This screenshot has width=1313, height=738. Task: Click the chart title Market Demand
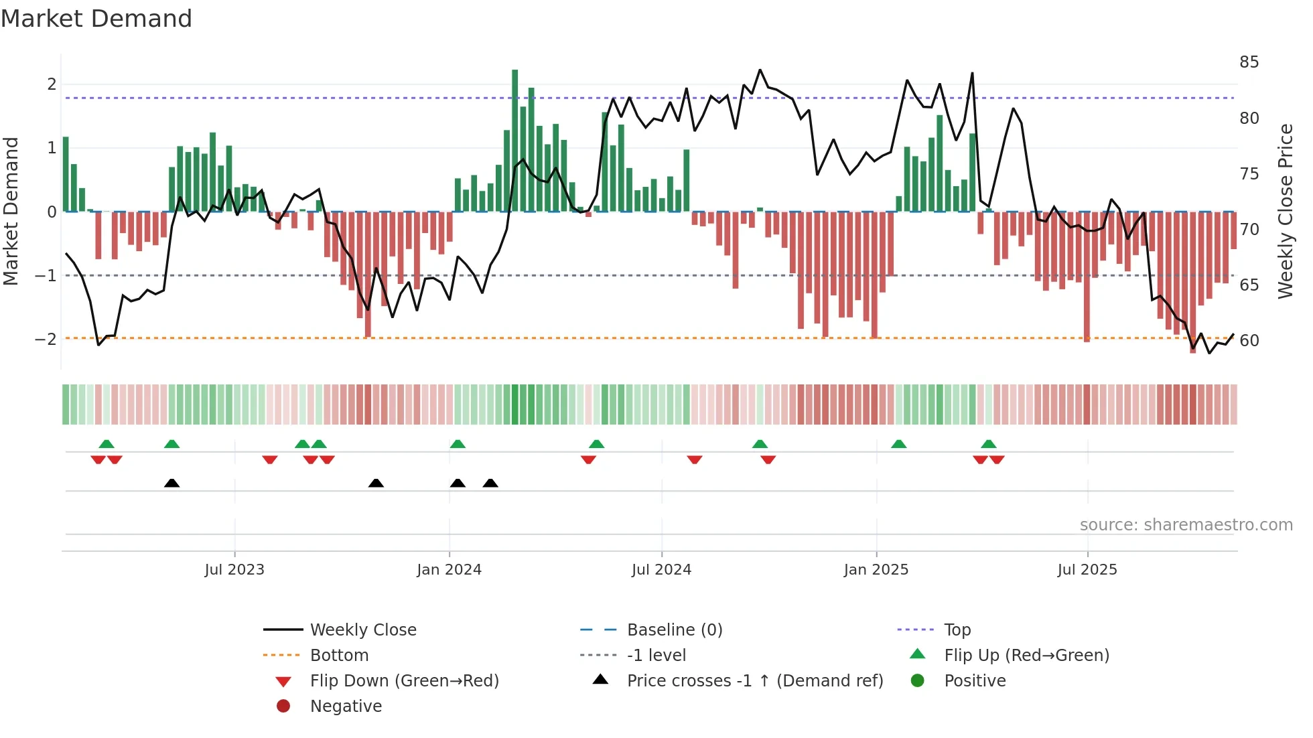pos(96,19)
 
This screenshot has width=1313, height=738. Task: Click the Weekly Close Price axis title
pos(1285,211)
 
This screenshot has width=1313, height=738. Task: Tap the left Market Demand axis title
pos(11,211)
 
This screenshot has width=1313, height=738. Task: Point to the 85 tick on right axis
pos(1249,62)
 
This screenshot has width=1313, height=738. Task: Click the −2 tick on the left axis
pos(46,340)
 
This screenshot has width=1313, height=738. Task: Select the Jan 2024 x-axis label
pos(449,570)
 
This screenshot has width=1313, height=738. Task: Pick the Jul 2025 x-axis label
pos(1087,570)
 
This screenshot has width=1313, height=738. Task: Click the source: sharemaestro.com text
pos(1186,525)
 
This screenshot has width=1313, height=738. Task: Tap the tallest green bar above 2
pos(514,141)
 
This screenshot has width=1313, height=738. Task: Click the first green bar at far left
pos(66,174)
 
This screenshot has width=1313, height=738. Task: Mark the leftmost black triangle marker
pos(171,483)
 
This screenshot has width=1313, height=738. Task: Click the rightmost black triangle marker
pos(490,483)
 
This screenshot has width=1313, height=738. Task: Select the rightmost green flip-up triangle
pos(989,444)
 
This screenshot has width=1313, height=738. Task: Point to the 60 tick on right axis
pos(1249,341)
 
